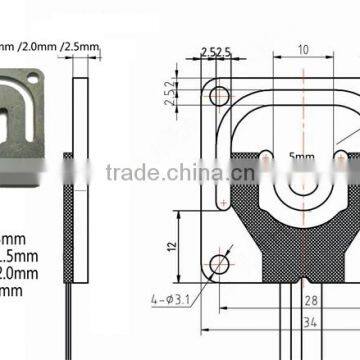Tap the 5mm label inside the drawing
[x=301, y=157]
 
